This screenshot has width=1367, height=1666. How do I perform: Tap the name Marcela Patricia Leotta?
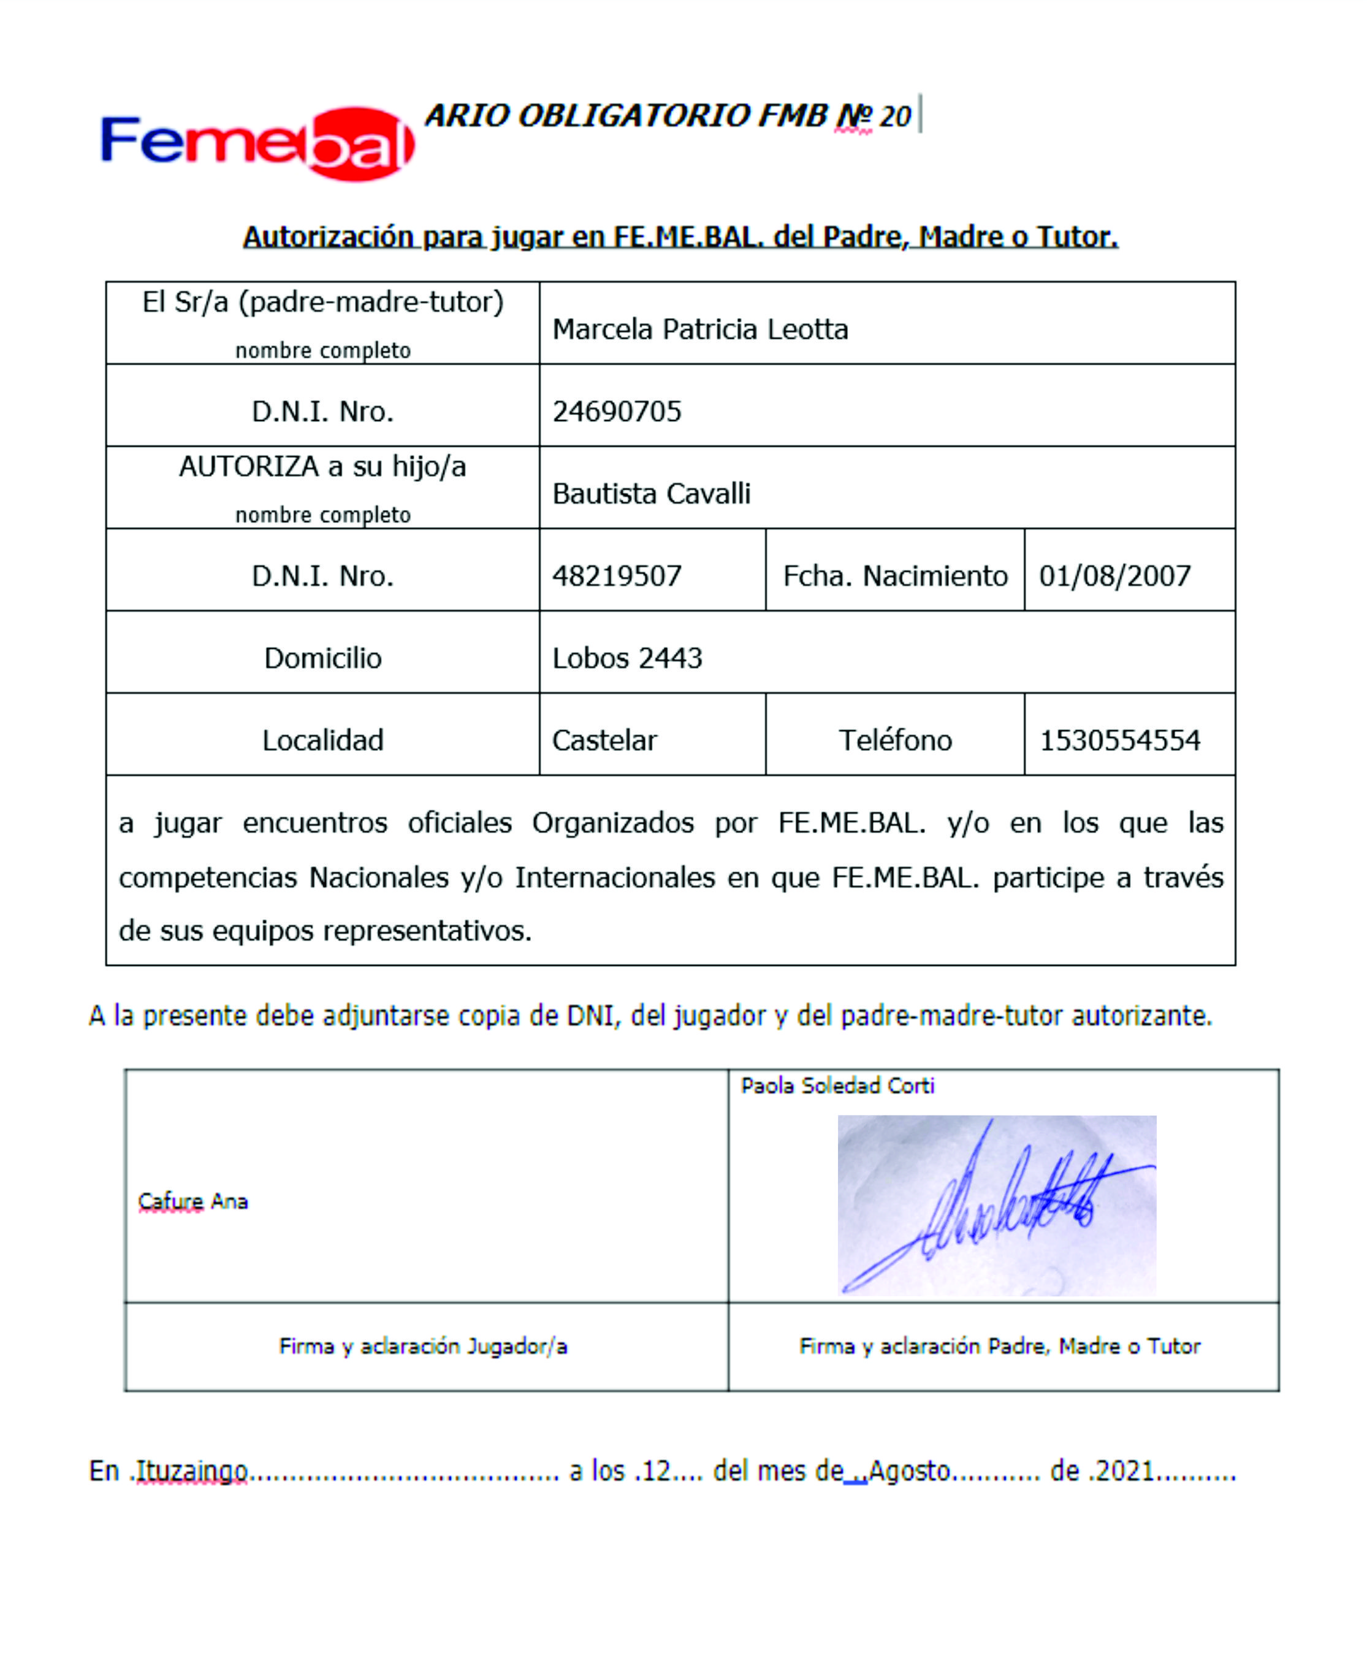[x=700, y=329]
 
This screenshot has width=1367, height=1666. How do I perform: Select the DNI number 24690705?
[x=617, y=411]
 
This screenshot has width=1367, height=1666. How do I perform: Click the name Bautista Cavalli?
[x=651, y=493]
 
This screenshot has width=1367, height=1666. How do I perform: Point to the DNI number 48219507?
[x=617, y=576]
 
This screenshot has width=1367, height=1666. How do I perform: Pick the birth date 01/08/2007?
[x=1114, y=576]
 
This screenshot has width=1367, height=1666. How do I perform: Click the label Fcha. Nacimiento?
[x=896, y=576]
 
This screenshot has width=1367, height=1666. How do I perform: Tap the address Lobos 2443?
[x=627, y=658]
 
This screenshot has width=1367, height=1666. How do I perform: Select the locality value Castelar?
[x=604, y=740]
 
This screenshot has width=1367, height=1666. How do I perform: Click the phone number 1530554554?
[x=1120, y=740]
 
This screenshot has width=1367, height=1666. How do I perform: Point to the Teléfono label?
[x=896, y=740]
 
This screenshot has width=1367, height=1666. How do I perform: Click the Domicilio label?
[x=323, y=658]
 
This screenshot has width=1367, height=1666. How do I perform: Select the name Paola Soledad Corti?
[x=837, y=1086]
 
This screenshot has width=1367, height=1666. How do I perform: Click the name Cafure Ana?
[x=193, y=1201]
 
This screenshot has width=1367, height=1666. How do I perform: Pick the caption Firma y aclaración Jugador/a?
[x=423, y=1345]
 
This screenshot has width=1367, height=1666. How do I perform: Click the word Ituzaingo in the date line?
[x=192, y=1470]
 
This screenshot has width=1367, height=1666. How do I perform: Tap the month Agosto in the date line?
[x=910, y=1470]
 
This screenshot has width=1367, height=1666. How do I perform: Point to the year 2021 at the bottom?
[x=1125, y=1470]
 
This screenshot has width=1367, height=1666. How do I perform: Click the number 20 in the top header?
[x=896, y=116]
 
